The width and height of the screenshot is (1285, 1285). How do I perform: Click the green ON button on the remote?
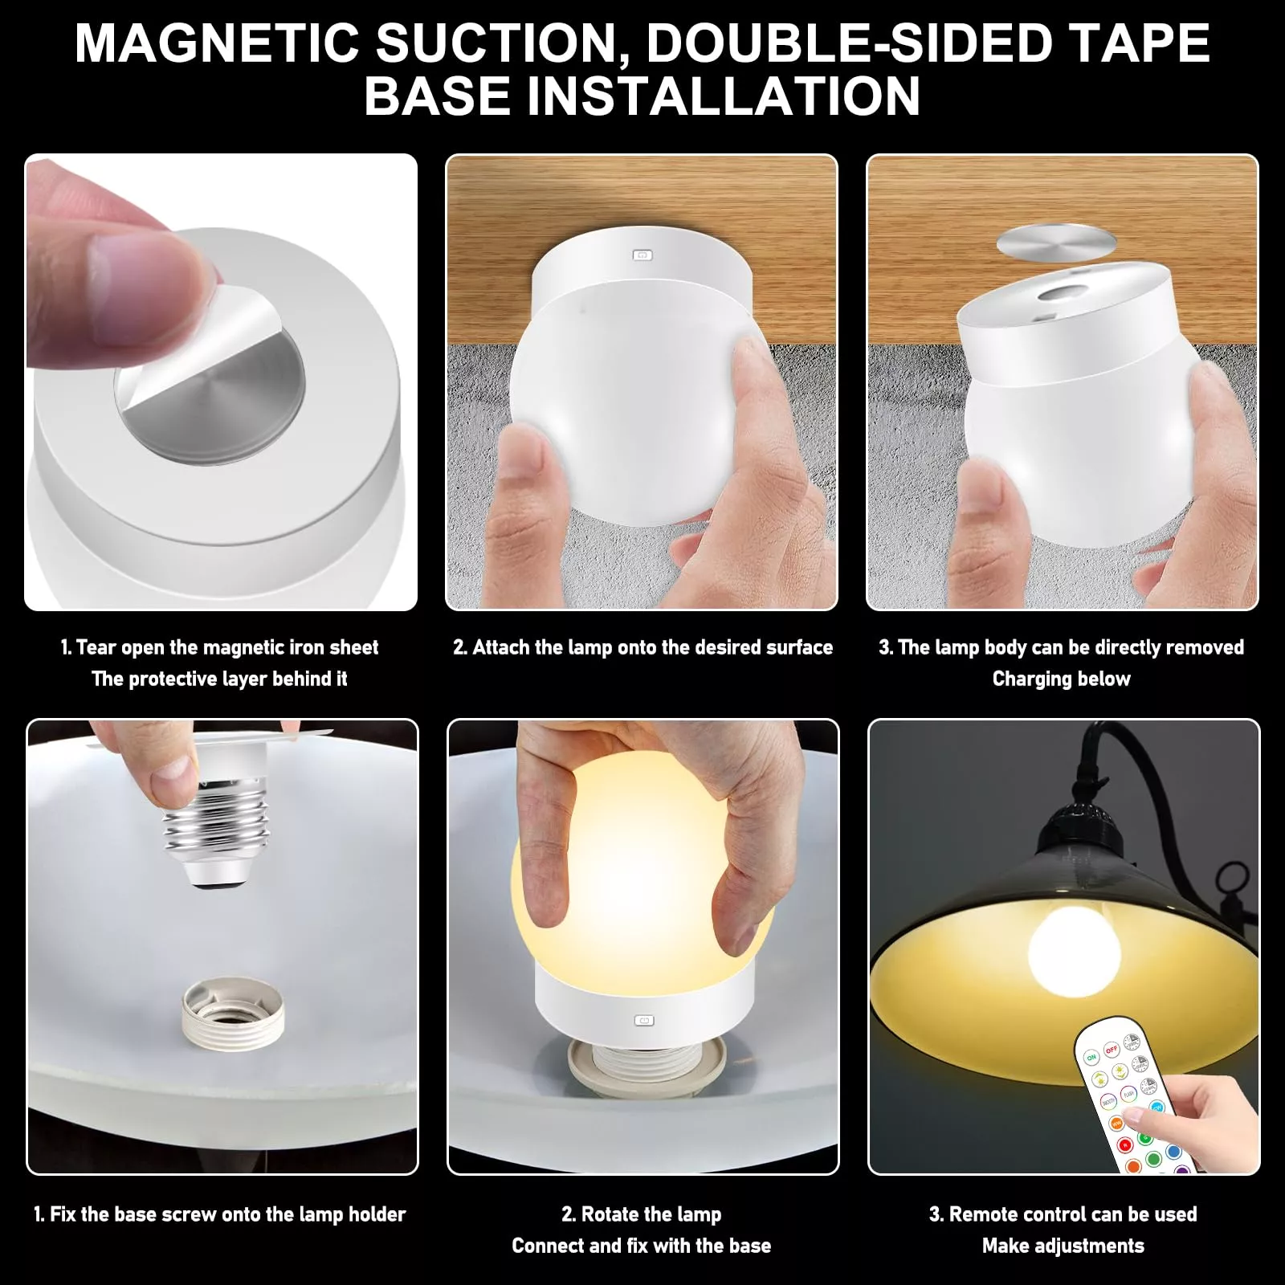click(1091, 1058)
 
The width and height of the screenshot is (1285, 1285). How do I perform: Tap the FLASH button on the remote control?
click(1128, 1094)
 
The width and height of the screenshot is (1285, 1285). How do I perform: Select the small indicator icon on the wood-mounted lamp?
click(642, 255)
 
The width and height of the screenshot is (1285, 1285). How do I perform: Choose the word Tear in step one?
click(96, 647)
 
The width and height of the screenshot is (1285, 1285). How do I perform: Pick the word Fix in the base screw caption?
click(63, 1214)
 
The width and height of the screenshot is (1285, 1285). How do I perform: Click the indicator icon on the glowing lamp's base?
click(643, 1021)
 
